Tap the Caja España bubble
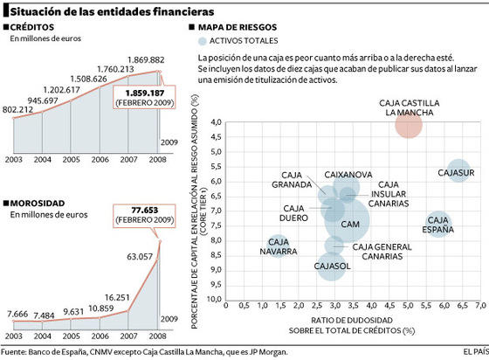click(x=439, y=225)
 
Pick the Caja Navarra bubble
click(x=279, y=247)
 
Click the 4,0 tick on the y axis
click(x=215, y=121)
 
